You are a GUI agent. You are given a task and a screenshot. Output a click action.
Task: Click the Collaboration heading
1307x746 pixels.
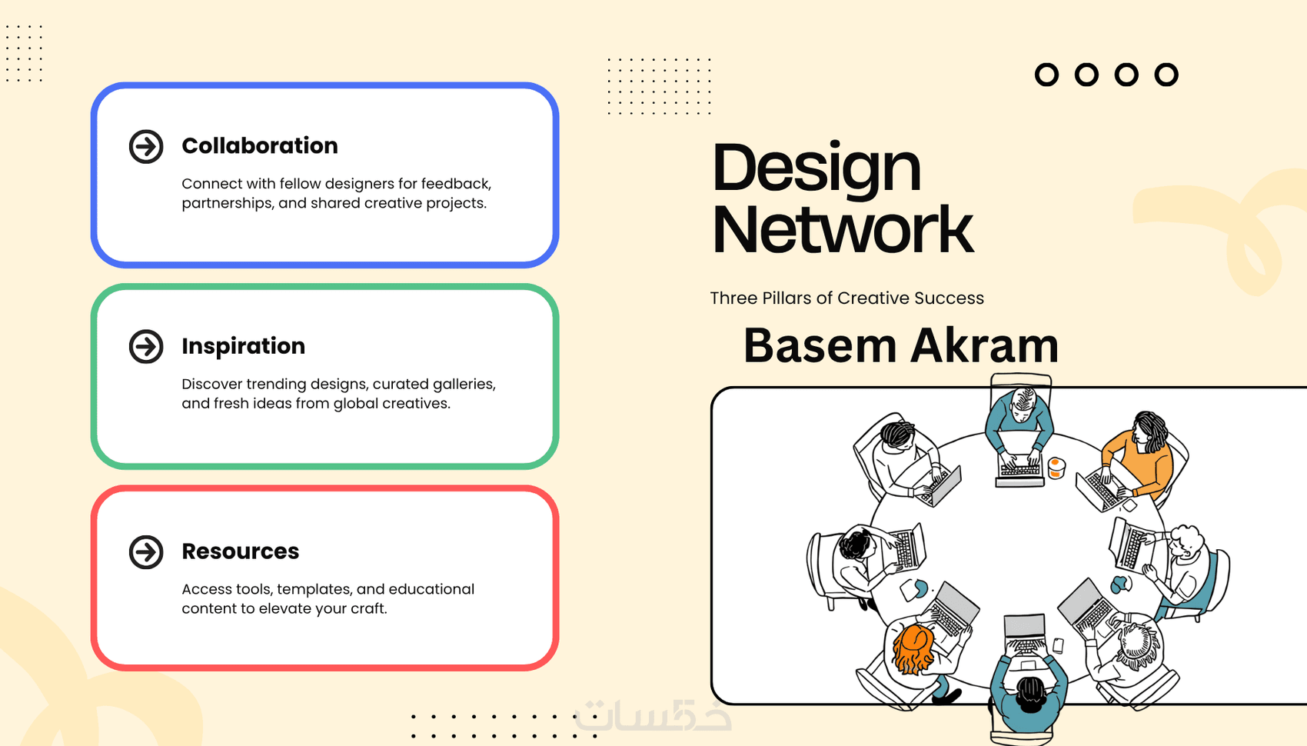[260, 146]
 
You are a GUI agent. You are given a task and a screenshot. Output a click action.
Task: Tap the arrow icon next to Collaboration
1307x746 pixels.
[146, 147]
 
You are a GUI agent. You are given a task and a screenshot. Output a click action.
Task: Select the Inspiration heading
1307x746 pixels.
[243, 346]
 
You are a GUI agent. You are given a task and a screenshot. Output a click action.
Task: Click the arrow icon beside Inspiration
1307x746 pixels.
[146, 347]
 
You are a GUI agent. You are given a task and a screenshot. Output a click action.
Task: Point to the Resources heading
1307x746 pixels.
[241, 551]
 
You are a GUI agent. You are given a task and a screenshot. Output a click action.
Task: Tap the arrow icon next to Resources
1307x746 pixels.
[146, 551]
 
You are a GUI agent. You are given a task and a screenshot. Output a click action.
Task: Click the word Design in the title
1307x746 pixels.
[816, 169]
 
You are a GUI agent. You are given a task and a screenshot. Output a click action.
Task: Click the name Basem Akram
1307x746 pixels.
[901, 345]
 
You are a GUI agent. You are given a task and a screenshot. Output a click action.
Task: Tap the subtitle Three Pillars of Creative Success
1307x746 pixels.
[846, 298]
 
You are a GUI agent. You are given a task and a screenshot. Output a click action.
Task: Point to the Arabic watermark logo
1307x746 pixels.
[653, 714]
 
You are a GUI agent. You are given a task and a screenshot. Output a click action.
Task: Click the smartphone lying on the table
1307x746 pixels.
[1058, 644]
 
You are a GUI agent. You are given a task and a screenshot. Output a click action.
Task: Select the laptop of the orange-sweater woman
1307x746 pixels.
[1100, 491]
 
